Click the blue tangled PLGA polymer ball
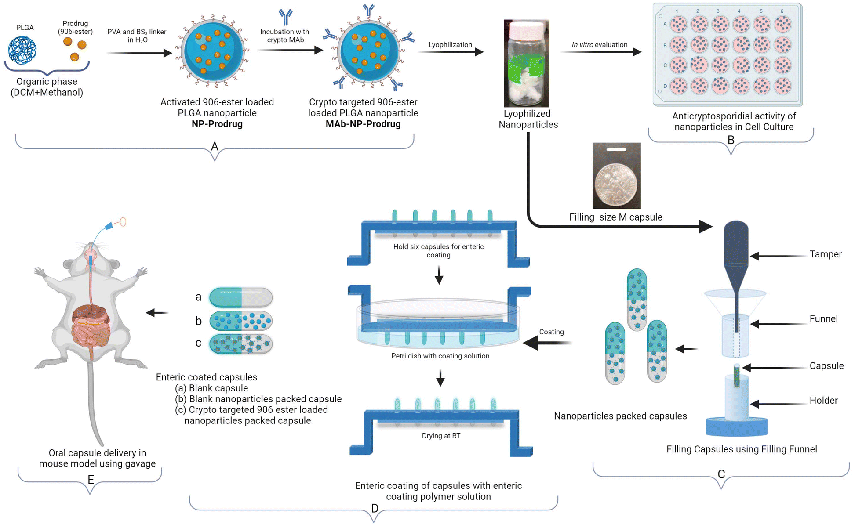(22, 50)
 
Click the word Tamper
(826, 254)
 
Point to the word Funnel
(823, 319)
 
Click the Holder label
(823, 401)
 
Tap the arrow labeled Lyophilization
(451, 52)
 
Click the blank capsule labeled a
(241, 297)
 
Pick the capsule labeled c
(241, 344)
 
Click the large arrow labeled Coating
(547, 343)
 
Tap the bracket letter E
(91, 480)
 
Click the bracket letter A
(215, 146)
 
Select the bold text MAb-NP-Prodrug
(363, 124)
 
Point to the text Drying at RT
(441, 436)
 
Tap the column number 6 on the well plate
(782, 11)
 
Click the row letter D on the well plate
(665, 86)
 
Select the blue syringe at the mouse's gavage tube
(109, 226)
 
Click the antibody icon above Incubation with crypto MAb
(286, 17)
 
